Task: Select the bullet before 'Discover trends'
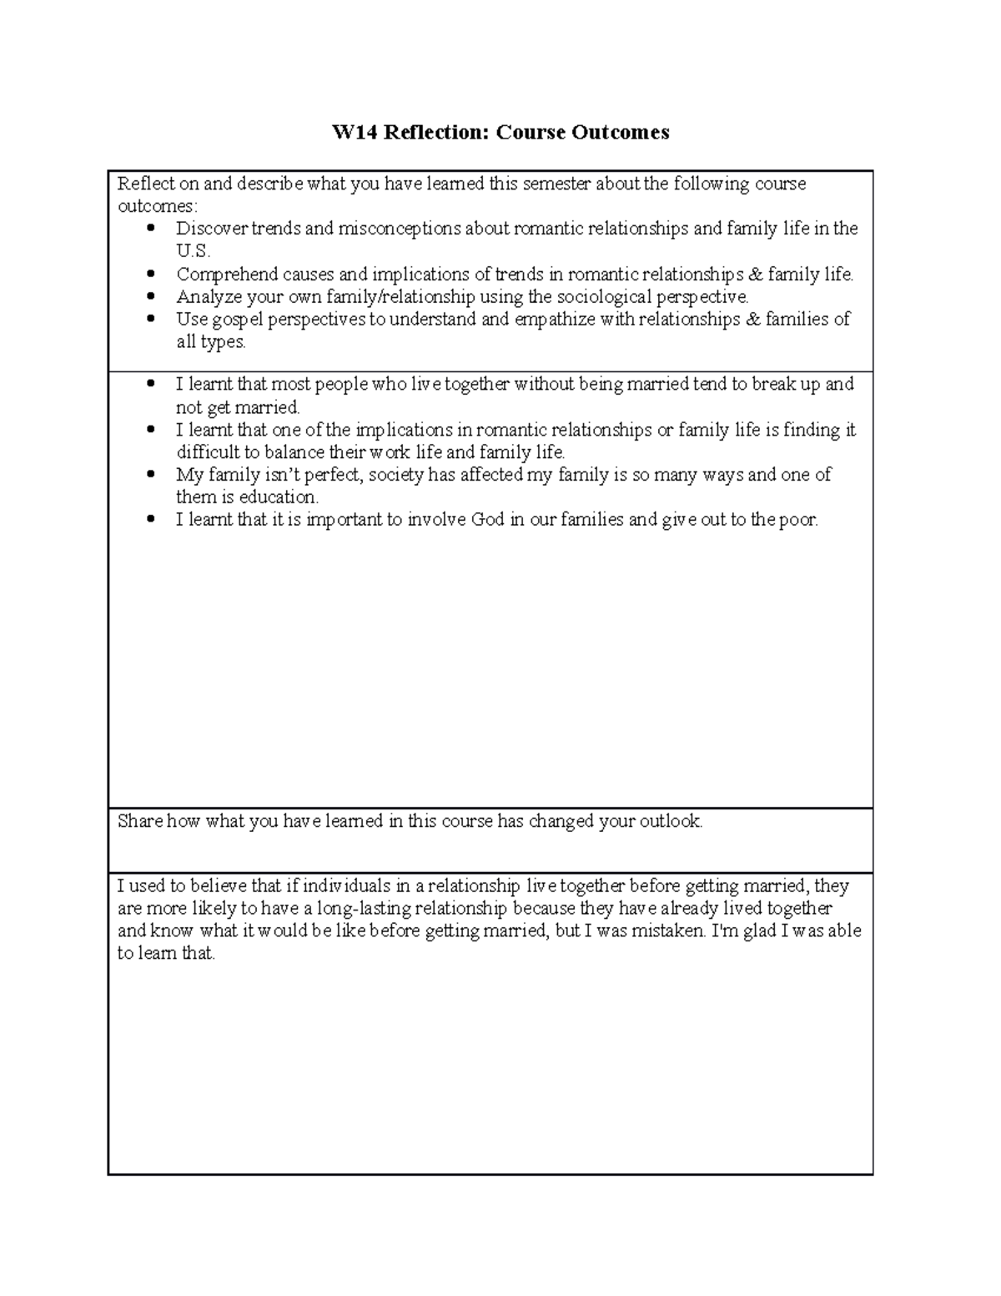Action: pos(150,229)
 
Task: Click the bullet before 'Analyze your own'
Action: pos(150,296)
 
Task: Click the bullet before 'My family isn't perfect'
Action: pos(150,475)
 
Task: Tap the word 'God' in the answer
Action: pos(488,520)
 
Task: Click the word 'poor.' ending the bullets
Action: pos(798,520)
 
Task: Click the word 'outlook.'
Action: pos(671,821)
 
